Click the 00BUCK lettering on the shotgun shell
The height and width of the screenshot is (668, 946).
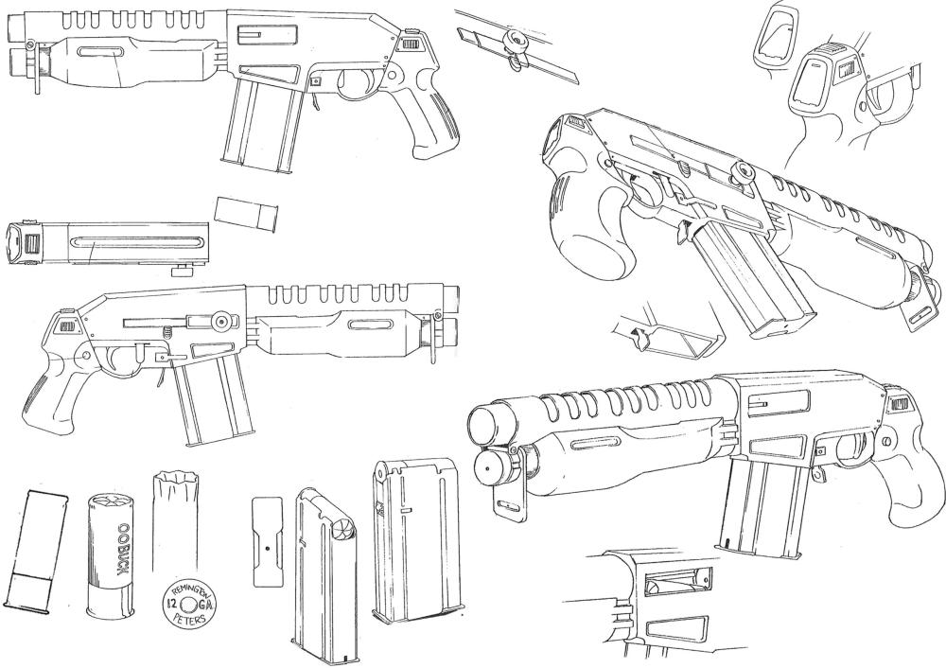coord(122,549)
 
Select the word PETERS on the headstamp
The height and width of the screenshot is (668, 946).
coord(189,619)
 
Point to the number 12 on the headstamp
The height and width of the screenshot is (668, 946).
coord(172,604)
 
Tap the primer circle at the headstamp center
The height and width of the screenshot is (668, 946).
coord(189,605)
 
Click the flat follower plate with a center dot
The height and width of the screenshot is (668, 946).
coord(268,542)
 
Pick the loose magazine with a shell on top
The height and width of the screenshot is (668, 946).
coord(325,574)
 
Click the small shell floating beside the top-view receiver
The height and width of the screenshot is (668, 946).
coord(246,213)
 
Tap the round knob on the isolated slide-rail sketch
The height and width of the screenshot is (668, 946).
coord(517,41)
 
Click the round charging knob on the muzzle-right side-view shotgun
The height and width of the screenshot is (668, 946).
coord(220,321)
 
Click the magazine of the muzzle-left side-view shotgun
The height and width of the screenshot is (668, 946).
coord(261,124)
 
